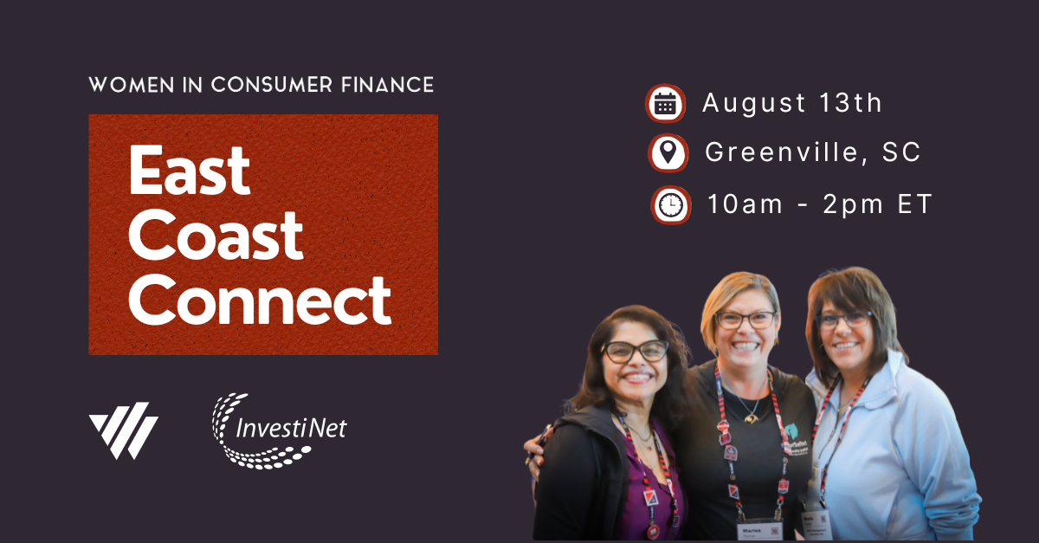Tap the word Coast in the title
(216, 236)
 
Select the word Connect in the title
(260, 301)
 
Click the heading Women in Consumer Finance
(261, 85)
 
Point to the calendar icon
(665, 104)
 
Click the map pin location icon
(668, 154)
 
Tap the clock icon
(670, 205)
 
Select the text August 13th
(792, 103)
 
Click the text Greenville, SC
(813, 153)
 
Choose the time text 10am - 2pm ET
(820, 204)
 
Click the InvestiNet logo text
(293, 428)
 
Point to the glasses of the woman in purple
(635, 351)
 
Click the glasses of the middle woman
(745, 320)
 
